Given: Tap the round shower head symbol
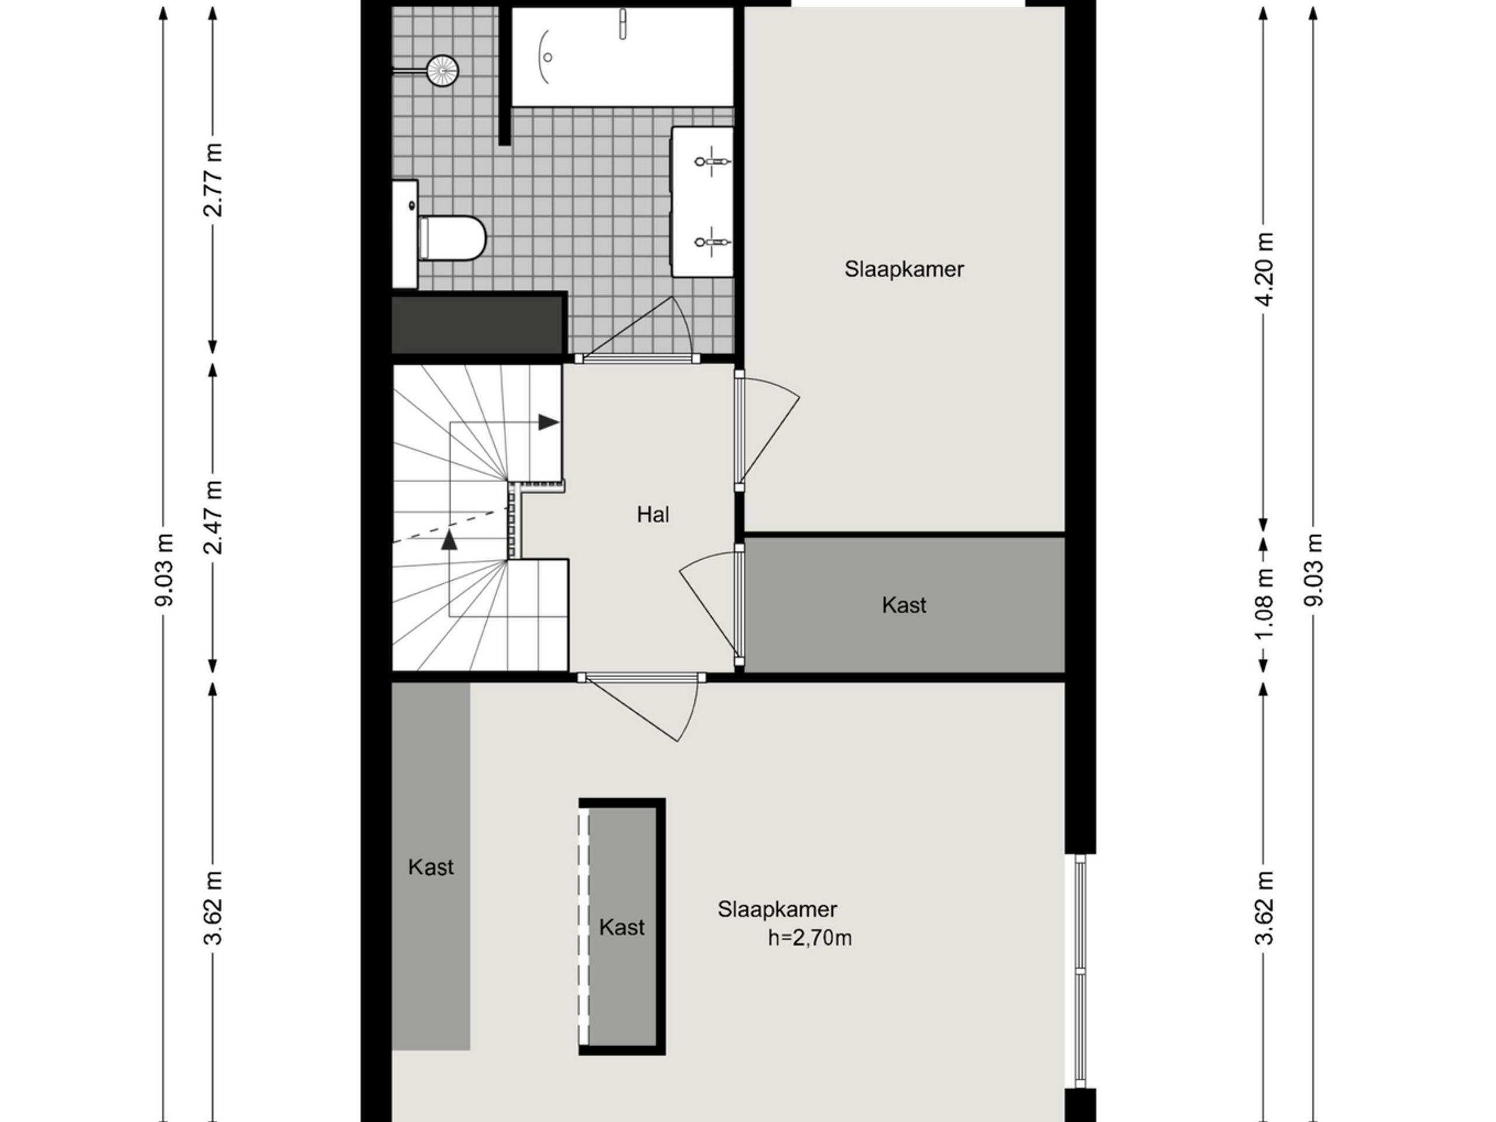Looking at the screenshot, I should [443, 70].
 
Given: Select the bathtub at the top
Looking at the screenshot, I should [622, 57].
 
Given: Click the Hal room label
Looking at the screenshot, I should [653, 515].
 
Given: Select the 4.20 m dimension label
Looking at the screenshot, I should [1264, 269].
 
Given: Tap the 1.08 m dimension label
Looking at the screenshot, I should [1264, 603].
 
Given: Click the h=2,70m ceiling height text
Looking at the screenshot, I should [809, 938].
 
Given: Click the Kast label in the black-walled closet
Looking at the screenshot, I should [622, 927].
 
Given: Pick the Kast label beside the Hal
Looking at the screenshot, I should [903, 605].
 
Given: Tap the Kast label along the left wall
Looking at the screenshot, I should [431, 867].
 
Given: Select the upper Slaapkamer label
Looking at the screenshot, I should [903, 269].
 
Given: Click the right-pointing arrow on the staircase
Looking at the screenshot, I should [548, 423].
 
